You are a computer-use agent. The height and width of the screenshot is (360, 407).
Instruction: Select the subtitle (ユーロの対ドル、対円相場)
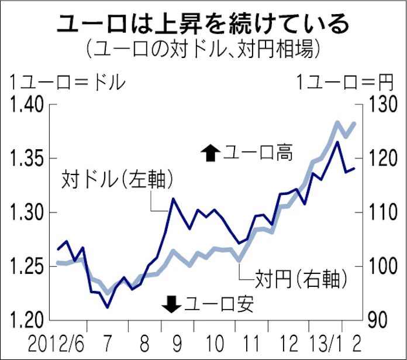(203, 48)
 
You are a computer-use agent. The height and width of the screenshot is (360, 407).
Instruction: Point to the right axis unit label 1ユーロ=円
(344, 82)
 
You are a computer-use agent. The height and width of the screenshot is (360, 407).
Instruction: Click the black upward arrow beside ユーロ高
(209, 153)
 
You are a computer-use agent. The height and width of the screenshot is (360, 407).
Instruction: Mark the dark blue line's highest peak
(337, 142)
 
